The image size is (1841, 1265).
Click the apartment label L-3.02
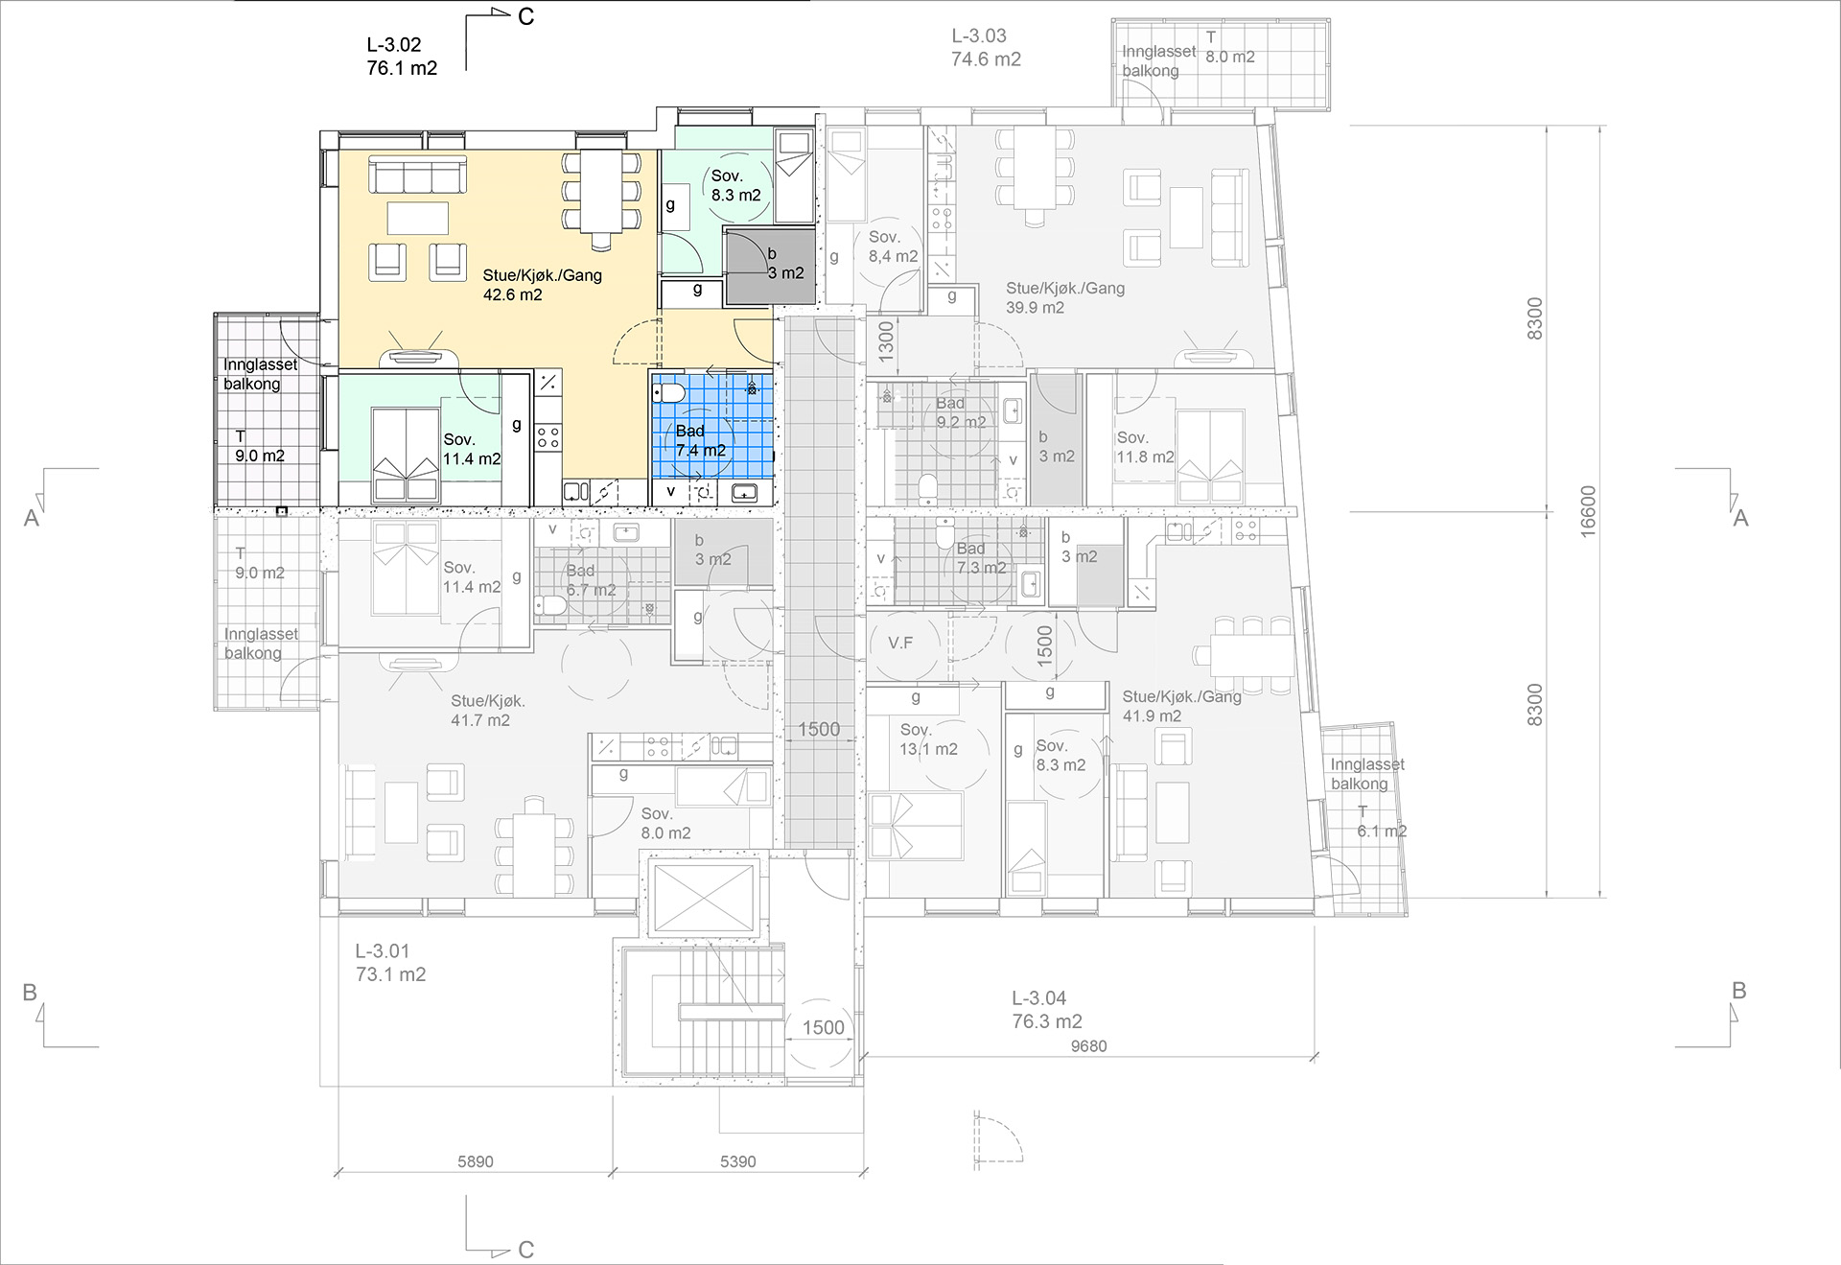pos(393,44)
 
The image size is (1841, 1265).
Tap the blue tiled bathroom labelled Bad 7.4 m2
pos(712,439)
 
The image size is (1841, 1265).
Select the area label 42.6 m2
pos(512,294)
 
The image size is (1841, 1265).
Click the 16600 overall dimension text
pos(1588,511)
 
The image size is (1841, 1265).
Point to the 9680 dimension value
pos(1088,1046)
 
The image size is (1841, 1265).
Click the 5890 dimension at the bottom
pos(475,1161)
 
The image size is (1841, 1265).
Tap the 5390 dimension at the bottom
pos(737,1161)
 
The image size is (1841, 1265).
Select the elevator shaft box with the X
pos(704,897)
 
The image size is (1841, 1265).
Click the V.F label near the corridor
pos(899,643)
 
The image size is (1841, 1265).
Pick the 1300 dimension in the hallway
pos(885,340)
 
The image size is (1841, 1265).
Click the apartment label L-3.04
pos(1039,998)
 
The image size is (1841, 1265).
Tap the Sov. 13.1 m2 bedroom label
pos(928,739)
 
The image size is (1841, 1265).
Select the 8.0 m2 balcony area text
pos(1230,57)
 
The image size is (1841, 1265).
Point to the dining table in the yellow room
pos(601,192)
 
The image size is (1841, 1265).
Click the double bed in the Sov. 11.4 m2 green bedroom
pos(404,455)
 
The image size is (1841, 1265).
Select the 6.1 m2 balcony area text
pos(1382,831)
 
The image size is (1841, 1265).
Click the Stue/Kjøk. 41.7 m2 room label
pos(487,711)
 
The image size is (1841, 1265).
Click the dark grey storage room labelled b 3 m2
pos(769,268)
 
